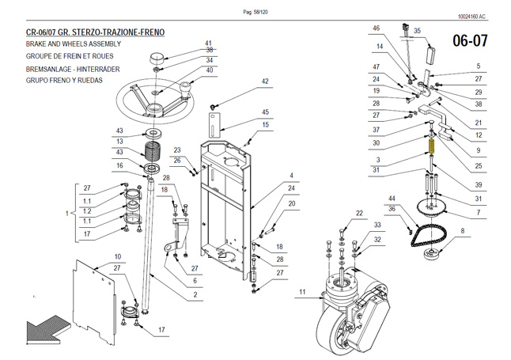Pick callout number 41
[209, 43]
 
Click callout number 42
[265, 81]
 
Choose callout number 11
[301, 293]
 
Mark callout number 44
[392, 197]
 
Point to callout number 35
[418, 31]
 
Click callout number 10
[118, 256]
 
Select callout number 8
[463, 230]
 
